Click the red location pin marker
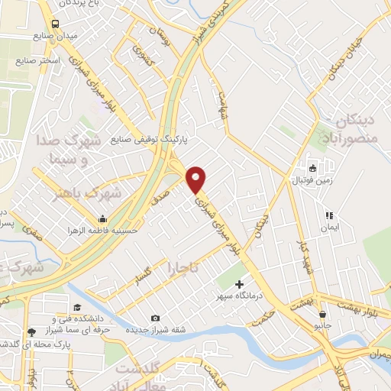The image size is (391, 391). tap(197, 179)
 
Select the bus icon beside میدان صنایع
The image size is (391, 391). tap(56, 24)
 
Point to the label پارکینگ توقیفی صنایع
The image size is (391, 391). tap(149, 141)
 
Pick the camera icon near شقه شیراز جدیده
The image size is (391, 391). tap(155, 318)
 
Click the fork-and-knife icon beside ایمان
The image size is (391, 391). tap(330, 216)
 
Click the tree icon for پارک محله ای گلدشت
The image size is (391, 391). tap(31, 332)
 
